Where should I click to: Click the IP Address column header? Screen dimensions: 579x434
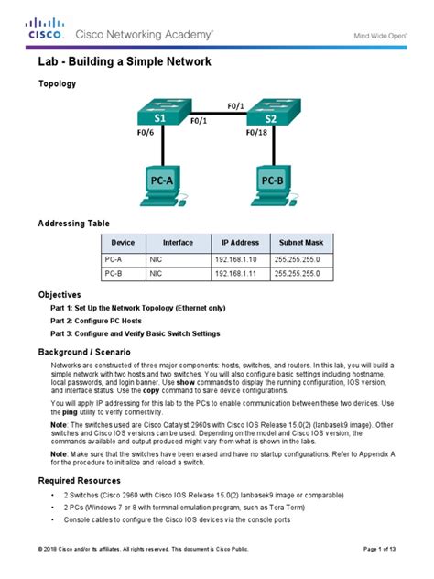[x=240, y=243]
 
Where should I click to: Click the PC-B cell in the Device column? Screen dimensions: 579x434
[x=114, y=273]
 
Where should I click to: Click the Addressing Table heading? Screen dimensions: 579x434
[x=73, y=224]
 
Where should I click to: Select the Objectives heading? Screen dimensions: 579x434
[x=60, y=295]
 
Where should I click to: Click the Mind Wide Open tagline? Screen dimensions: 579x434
[x=379, y=34]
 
